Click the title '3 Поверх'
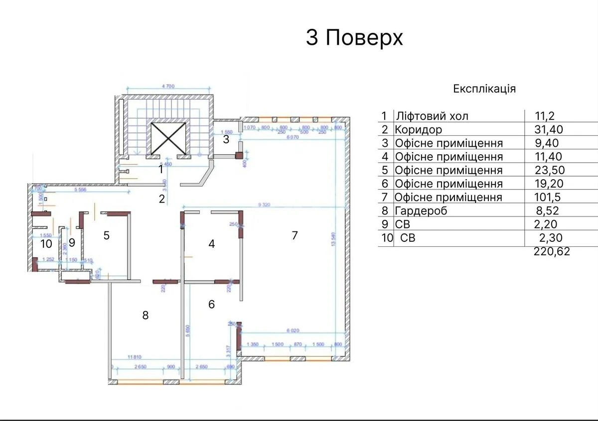pyautogui.click(x=354, y=38)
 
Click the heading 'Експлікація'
pyautogui.click(x=484, y=89)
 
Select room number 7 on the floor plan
pyautogui.click(x=295, y=235)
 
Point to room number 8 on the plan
pyautogui.click(x=146, y=315)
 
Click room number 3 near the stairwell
pyautogui.click(x=226, y=139)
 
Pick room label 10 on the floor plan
pyautogui.click(x=46, y=243)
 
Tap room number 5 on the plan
pyautogui.click(x=106, y=235)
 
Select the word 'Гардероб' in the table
pyautogui.click(x=421, y=211)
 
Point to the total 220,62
pyautogui.click(x=552, y=252)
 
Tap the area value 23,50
pyautogui.click(x=548, y=171)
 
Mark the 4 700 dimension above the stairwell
pyautogui.click(x=168, y=87)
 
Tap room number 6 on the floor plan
pyautogui.click(x=211, y=304)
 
